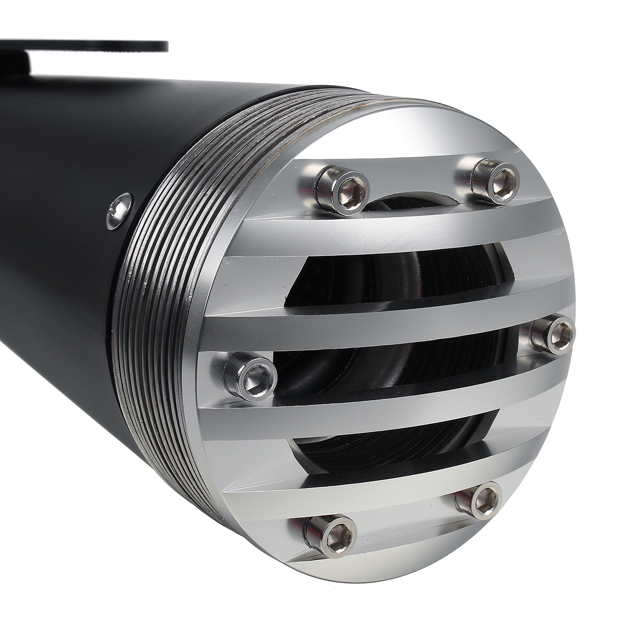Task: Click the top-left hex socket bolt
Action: [345, 190]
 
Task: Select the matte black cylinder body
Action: [58, 212]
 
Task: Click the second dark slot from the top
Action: [398, 279]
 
